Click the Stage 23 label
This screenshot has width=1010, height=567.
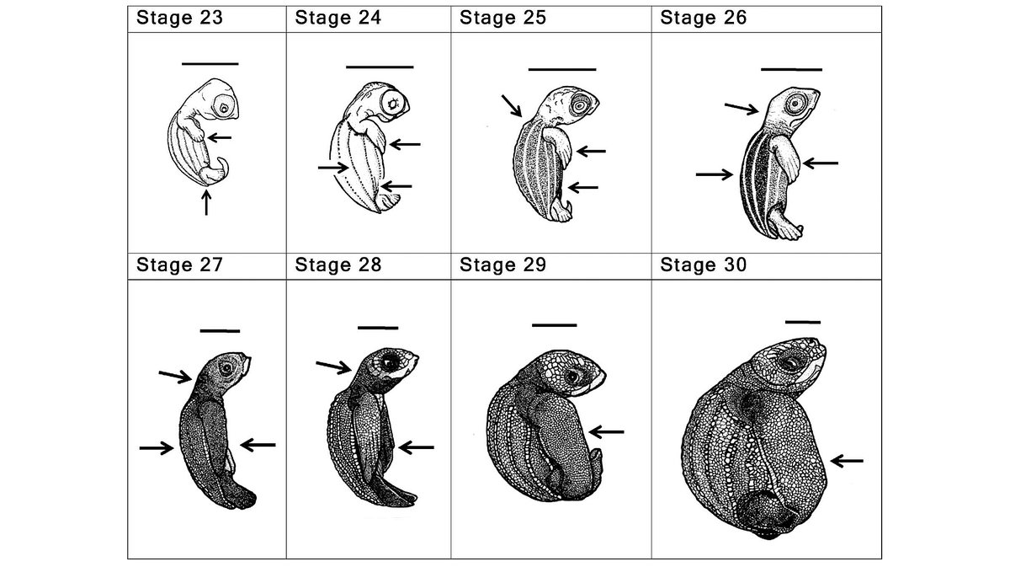tap(179, 18)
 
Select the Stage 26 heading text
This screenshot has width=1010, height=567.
tap(704, 18)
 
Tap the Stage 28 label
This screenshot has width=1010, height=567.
tap(338, 265)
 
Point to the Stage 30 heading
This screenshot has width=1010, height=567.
tap(704, 265)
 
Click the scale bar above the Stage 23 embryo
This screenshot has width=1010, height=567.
tap(210, 64)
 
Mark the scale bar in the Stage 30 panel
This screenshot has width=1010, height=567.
tap(803, 323)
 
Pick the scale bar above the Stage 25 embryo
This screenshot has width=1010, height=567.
tap(562, 70)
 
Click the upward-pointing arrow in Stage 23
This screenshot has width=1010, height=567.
tap(206, 203)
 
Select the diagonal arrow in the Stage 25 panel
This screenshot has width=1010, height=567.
tap(512, 105)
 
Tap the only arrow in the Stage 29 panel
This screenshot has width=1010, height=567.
tap(607, 432)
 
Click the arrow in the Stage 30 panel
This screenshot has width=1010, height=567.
tap(847, 461)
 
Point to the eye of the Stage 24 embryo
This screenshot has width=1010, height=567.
tap(393, 104)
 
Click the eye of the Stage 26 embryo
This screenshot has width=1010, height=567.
tap(795, 104)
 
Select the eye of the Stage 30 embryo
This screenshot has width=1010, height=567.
tap(791, 362)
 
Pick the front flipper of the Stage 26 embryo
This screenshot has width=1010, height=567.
tap(785, 160)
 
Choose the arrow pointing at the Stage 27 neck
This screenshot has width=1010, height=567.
tap(175, 376)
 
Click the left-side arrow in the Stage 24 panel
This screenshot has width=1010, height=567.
tap(332, 168)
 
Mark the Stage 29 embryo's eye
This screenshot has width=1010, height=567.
tap(572, 376)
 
